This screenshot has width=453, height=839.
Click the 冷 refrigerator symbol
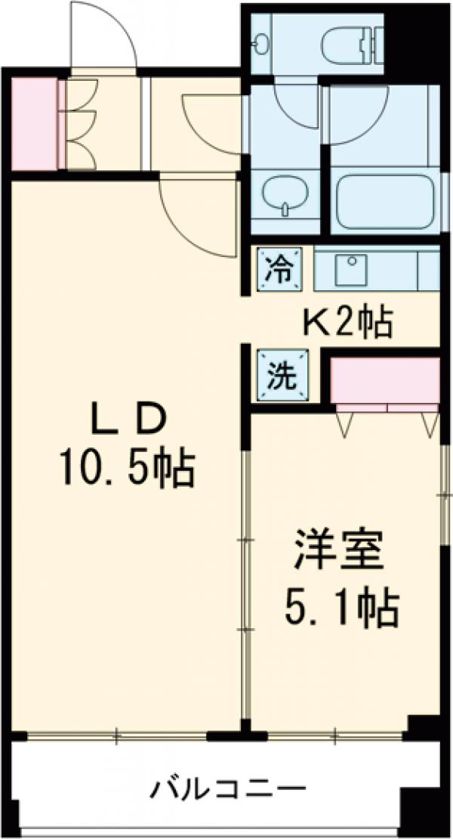coord(280,269)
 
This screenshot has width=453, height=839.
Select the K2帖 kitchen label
coord(347,324)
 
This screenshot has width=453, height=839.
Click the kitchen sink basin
coord(353,268)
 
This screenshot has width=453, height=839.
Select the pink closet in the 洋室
coord(385,381)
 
